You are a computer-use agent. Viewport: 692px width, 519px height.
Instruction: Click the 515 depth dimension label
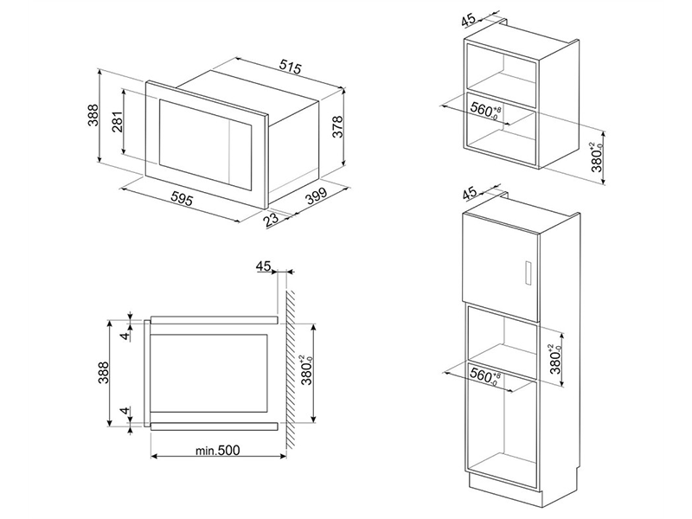tap(291, 67)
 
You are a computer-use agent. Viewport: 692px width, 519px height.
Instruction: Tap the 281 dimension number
tap(117, 122)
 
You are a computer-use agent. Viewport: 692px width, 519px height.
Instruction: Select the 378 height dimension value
tap(337, 126)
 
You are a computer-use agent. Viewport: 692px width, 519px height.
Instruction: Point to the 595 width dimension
tap(182, 200)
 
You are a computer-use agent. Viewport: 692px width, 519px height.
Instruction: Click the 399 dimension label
tap(317, 196)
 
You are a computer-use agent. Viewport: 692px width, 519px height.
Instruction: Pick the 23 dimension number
tap(272, 220)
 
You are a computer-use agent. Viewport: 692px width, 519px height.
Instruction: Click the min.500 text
tap(218, 450)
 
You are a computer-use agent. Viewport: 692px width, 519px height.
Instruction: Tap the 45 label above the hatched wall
tap(263, 266)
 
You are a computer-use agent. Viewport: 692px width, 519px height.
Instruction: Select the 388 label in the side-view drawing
tap(103, 374)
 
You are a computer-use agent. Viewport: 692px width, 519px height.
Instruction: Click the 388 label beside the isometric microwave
tap(93, 115)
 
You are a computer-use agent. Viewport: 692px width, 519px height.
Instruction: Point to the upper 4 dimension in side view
tap(125, 336)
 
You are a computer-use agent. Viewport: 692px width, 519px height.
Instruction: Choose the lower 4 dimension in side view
tap(125, 412)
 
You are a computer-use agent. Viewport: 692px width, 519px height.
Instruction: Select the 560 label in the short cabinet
tap(484, 110)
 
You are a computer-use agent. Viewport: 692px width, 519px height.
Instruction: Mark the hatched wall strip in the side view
tap(292, 370)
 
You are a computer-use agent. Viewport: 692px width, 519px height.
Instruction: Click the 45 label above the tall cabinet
tap(469, 192)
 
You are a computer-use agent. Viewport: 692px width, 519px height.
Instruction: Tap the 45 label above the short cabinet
tap(468, 19)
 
